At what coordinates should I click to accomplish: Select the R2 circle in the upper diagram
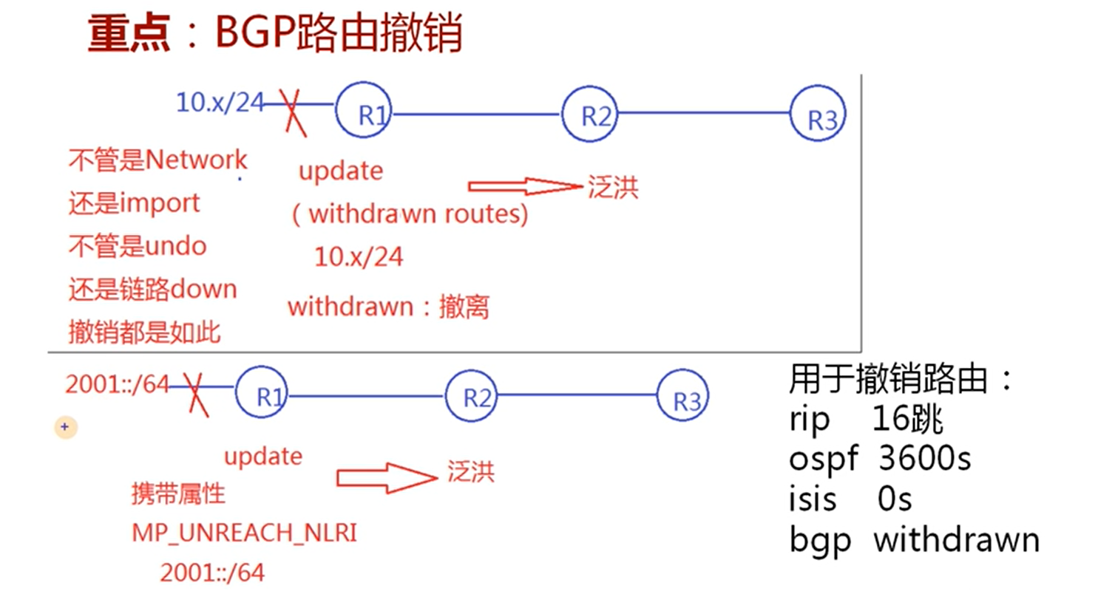coord(589,114)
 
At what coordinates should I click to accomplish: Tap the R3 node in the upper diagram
coord(817,115)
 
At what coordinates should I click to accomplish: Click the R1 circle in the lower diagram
coord(262,392)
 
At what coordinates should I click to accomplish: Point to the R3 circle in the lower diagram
coord(682,397)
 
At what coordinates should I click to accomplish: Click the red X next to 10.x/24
coord(294,111)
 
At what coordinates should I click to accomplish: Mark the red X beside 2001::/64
coord(194,391)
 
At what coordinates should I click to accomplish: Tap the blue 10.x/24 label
coord(220,102)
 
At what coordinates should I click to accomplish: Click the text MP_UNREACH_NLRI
coord(245,533)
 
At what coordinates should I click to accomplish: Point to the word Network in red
coord(197,159)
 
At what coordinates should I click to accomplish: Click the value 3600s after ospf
coord(924,459)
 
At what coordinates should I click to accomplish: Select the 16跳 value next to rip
coord(907,420)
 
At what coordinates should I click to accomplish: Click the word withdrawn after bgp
coord(956,539)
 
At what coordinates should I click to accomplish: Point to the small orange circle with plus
coord(65,426)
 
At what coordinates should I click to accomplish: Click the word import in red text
coord(162,202)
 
